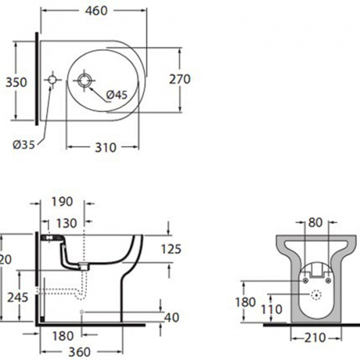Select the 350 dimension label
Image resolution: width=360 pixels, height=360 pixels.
coord(16,82)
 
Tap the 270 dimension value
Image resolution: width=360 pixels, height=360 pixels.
coord(179,79)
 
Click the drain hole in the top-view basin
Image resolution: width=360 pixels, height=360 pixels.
coord(83,80)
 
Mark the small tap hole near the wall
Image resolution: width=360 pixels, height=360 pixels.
coord(52,79)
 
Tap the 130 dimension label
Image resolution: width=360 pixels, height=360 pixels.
coord(66,223)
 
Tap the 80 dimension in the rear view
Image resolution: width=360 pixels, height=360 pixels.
coord(316,223)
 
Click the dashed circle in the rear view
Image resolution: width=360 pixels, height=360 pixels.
coord(316,295)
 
